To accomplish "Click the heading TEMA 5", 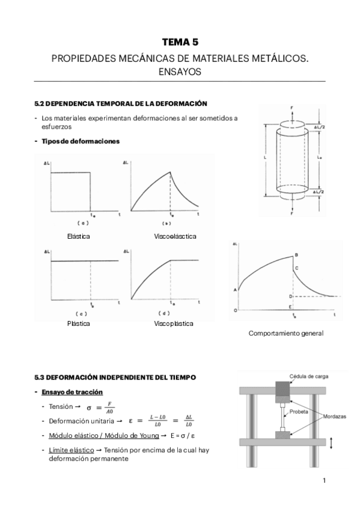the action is [x=180, y=42].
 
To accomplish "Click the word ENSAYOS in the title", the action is [x=180, y=71].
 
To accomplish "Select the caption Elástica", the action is [x=79, y=236].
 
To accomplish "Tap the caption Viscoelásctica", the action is [x=175, y=236].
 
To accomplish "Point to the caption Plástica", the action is [x=79, y=324].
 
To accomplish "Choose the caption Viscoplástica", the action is [x=174, y=324].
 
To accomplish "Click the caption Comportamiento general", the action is [x=286, y=333].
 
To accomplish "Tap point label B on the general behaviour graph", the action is [x=296, y=254].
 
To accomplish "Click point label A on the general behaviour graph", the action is [x=235, y=290].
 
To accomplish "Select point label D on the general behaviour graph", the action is [x=290, y=296].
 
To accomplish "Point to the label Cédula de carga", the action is [x=309, y=376].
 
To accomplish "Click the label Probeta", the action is [x=299, y=413].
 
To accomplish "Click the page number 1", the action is [x=324, y=480].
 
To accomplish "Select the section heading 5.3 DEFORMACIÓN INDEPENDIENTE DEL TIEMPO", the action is [x=115, y=377].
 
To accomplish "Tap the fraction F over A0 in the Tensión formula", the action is [x=109, y=408].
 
